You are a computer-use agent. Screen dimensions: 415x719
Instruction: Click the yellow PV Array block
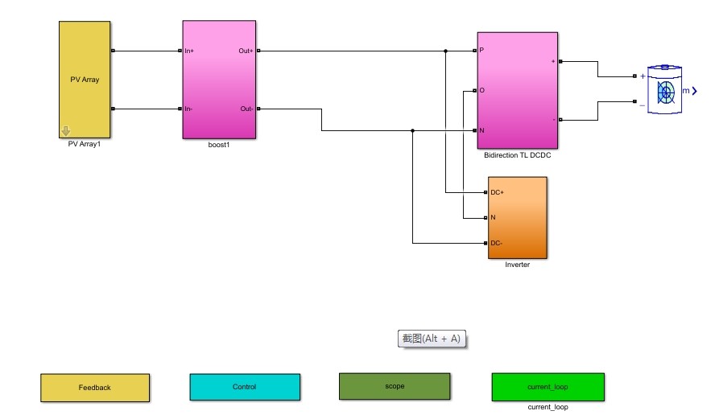coord(84,80)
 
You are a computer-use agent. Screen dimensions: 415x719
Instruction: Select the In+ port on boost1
coord(189,51)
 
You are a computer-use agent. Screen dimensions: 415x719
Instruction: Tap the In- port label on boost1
coord(188,109)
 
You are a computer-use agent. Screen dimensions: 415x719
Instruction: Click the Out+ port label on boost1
coord(246,51)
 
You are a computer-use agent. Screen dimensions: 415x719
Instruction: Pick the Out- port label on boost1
coord(246,109)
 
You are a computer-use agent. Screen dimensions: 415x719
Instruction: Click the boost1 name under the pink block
coord(219,145)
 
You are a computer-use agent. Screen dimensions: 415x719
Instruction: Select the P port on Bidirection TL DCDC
coord(481,51)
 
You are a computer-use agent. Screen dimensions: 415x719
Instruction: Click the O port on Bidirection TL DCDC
coord(481,90)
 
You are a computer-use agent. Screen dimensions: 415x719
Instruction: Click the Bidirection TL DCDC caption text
coord(517,155)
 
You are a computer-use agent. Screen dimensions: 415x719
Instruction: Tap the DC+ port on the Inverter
coord(497,192)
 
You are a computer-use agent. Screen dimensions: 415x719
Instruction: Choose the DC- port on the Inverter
coord(496,243)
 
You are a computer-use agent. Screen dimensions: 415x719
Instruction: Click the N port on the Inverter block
coord(493,217)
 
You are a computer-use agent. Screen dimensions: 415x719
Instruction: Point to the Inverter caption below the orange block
coord(517,265)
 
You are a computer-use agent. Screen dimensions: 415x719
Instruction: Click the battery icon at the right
coord(665,91)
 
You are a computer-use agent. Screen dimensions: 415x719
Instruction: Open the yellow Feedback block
coord(95,388)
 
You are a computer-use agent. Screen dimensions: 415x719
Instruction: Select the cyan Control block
coord(244,387)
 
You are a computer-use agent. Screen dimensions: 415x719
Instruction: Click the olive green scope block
coord(395,386)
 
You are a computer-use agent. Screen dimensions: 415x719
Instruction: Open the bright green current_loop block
coord(548,387)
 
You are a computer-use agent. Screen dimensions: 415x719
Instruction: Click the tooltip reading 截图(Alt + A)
coord(432,339)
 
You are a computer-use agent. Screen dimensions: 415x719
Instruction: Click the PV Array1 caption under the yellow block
coord(84,145)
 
